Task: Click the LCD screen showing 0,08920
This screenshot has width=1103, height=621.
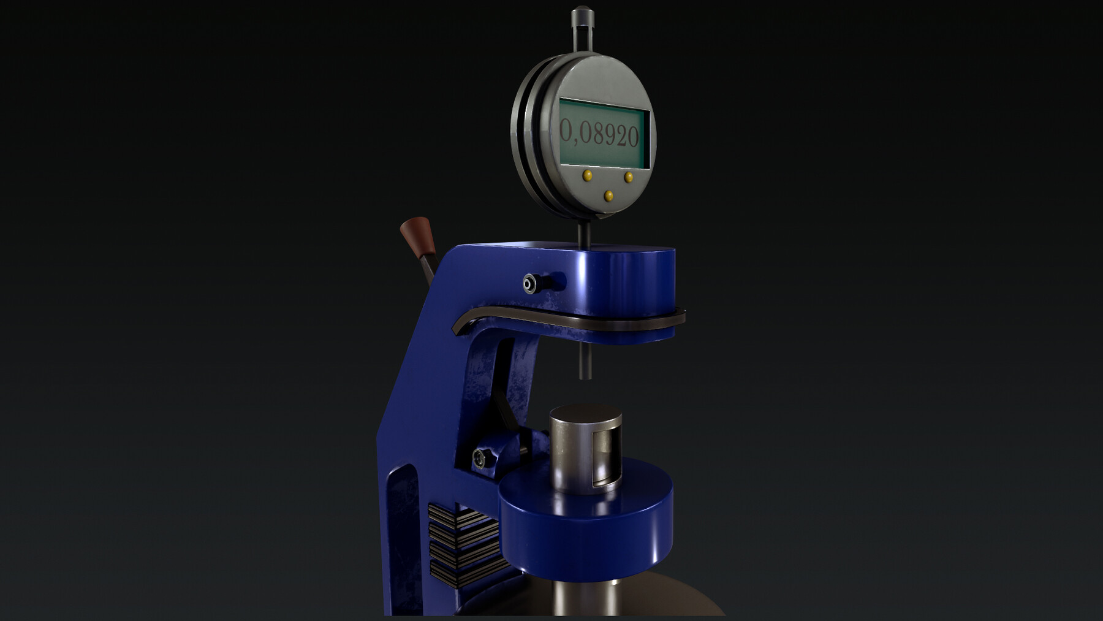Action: (604, 134)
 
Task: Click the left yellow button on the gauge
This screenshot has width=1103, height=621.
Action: (588, 175)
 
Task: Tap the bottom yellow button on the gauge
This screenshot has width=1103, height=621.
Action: (608, 196)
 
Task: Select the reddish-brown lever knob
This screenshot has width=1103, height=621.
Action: (417, 236)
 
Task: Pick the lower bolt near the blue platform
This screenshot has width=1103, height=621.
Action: (479, 457)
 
